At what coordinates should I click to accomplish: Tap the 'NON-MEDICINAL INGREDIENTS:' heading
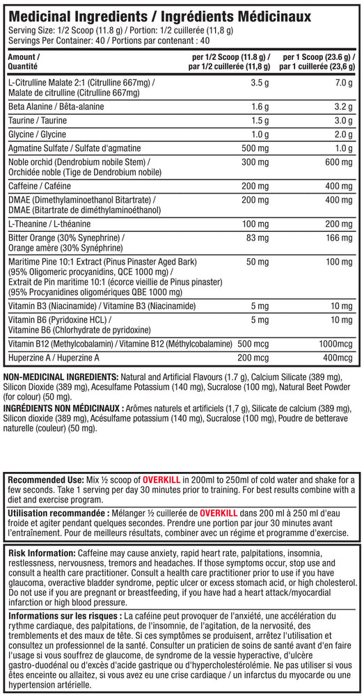pyautogui.click(x=60, y=376)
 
